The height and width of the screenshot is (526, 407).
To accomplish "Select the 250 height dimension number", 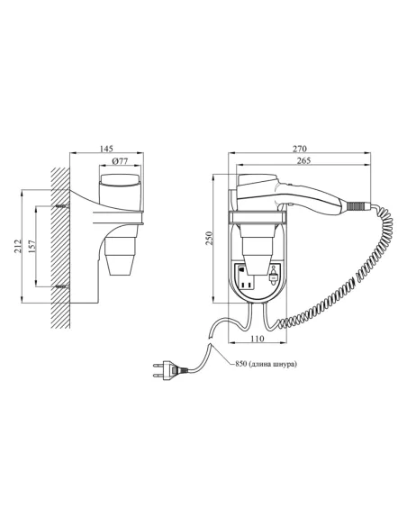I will point(209,238).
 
